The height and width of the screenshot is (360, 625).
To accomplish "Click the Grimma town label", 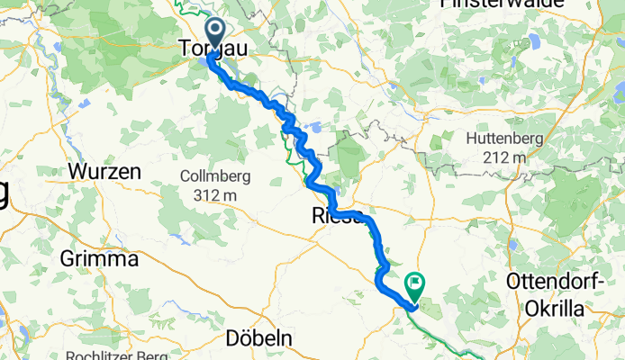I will (98, 259).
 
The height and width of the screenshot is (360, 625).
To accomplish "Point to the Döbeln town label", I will (258, 337).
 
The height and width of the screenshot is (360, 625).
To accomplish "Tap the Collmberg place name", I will (214, 176).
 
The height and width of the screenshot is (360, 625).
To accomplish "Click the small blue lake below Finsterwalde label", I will (532, 42).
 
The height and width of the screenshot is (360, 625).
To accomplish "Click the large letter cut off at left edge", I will (4, 193).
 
